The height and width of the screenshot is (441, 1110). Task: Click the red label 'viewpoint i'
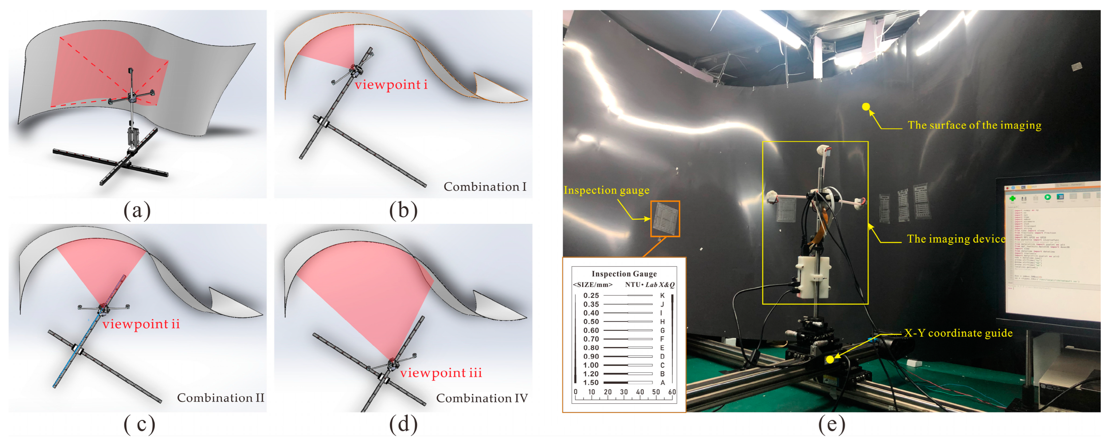click(391, 85)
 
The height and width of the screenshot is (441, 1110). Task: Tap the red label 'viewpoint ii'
click(141, 324)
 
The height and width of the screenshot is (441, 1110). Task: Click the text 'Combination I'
click(485, 187)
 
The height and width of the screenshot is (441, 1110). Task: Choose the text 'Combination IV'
click(482, 398)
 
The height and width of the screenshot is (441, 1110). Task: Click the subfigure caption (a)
click(137, 210)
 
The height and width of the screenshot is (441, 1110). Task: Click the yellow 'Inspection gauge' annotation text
click(606, 190)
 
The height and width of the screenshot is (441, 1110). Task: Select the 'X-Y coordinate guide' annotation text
click(958, 333)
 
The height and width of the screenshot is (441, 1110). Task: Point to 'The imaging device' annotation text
click(956, 239)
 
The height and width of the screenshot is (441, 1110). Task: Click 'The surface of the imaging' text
click(974, 125)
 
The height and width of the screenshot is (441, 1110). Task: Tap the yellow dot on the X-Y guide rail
click(830, 359)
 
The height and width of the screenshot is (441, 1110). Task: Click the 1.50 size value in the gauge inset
click(591, 382)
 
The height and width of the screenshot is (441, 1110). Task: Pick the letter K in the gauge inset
click(662, 295)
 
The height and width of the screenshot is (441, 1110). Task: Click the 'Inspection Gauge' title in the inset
click(624, 274)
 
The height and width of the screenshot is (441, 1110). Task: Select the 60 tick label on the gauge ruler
click(672, 392)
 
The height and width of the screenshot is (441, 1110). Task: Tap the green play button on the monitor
click(1047, 197)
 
